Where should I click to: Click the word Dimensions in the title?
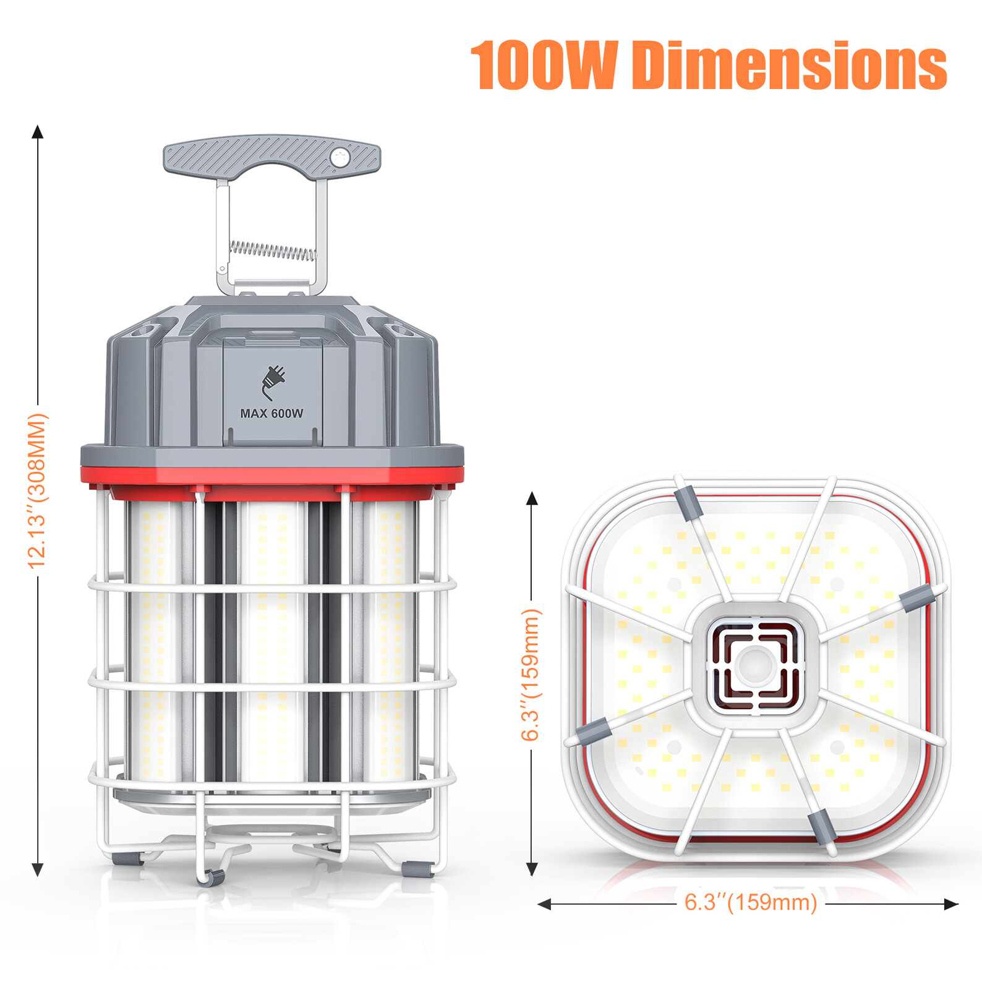[x=789, y=65]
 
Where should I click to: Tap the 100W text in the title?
[x=544, y=65]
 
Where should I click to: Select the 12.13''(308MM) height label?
[x=38, y=491]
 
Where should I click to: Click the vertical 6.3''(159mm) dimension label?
[x=531, y=674]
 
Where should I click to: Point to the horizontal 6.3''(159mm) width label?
[x=751, y=902]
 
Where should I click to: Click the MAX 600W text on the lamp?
[x=271, y=413]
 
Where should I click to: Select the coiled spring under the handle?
[x=272, y=250]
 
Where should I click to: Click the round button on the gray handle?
[x=339, y=157]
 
